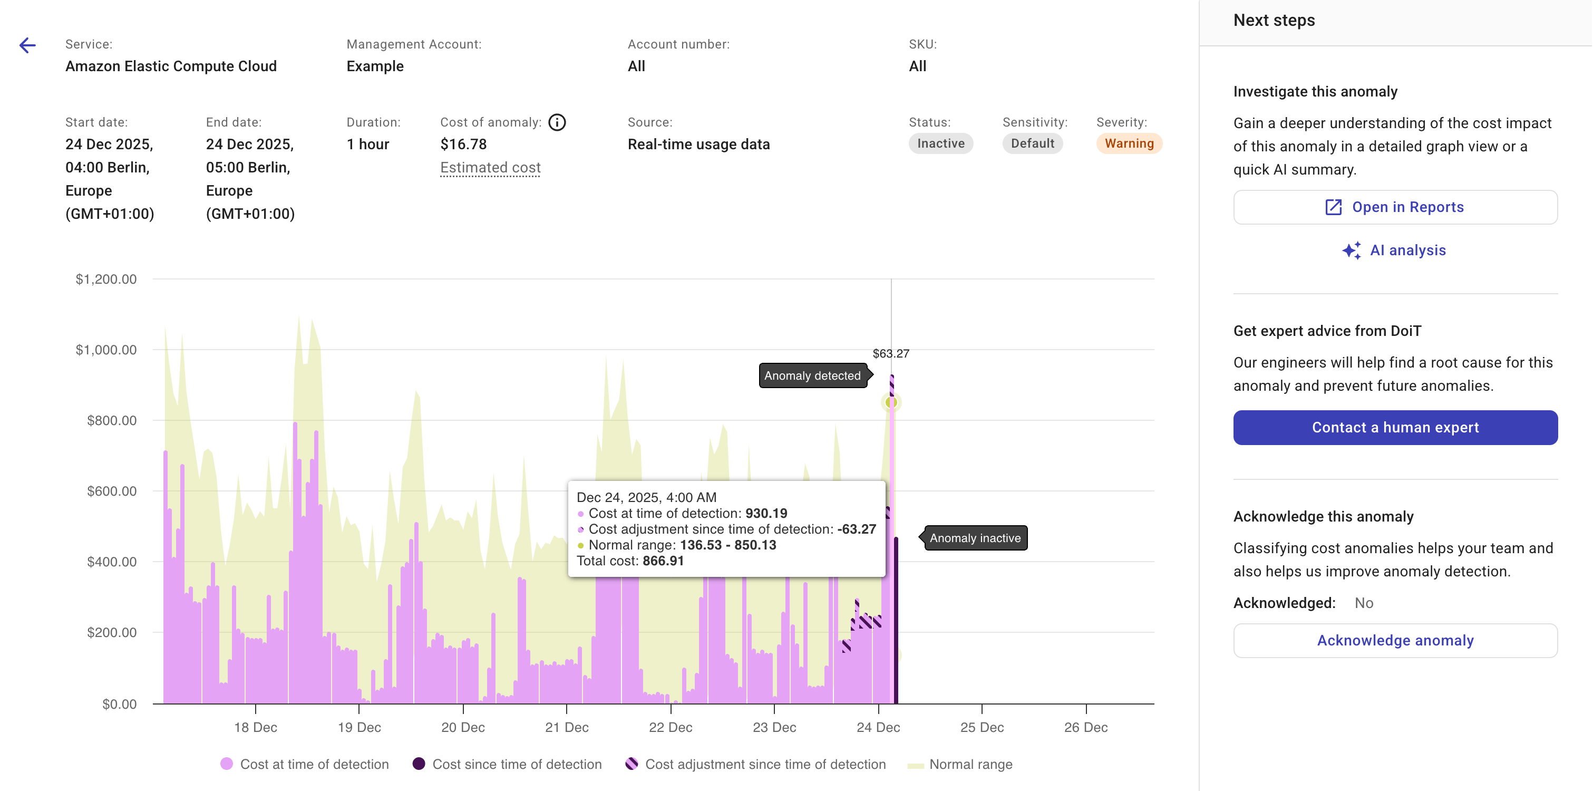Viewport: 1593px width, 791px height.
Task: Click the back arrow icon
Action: (x=27, y=45)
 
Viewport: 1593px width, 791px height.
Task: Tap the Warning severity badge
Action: (x=1129, y=143)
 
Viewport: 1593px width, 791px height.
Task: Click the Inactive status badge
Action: (x=940, y=143)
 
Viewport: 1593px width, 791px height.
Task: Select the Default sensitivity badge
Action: (x=1032, y=143)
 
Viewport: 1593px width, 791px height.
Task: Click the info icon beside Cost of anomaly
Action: (x=557, y=122)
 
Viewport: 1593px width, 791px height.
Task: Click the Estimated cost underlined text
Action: (x=490, y=168)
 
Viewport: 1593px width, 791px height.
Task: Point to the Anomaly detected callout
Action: (x=812, y=375)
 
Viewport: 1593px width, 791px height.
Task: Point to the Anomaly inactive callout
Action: (x=975, y=538)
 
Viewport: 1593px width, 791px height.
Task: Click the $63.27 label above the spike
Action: (x=890, y=354)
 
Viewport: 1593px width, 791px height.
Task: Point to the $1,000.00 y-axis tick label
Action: (x=106, y=350)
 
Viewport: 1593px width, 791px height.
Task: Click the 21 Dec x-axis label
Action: (x=567, y=727)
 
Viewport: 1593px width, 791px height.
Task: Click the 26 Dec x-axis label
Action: (x=1085, y=727)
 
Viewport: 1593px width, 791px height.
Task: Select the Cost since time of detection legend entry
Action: (x=517, y=765)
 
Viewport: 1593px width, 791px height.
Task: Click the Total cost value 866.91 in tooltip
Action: (x=663, y=561)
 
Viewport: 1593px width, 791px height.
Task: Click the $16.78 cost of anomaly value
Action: (x=463, y=144)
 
